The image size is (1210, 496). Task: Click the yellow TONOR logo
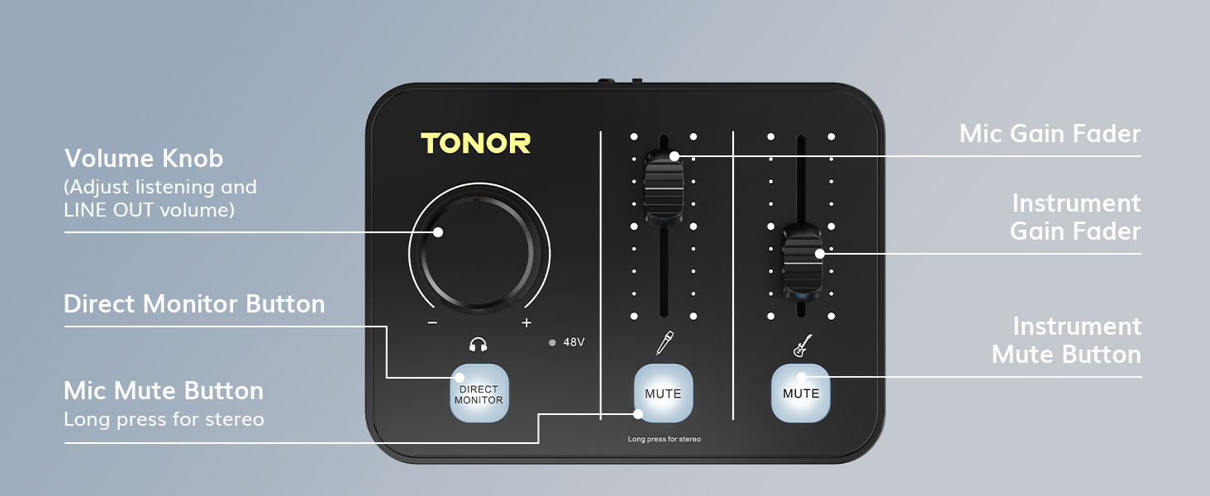[475, 143]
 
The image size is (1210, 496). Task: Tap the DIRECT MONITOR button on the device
[479, 393]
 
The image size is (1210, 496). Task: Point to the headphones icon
[478, 344]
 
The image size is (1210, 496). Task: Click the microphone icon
[665, 342]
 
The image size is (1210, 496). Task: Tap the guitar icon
[803, 346]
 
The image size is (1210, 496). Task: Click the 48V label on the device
[574, 342]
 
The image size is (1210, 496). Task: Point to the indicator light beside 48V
[552, 342]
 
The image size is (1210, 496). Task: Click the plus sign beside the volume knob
[526, 322]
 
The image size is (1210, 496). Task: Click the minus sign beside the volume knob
[432, 323]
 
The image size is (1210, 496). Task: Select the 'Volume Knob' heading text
[144, 159]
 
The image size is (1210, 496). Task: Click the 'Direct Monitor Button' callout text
[194, 303]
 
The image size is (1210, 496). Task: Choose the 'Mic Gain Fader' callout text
[1050, 134]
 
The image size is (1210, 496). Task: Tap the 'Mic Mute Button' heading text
[164, 391]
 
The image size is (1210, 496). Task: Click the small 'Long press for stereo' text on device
[665, 439]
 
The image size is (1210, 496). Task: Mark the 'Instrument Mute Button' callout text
[1067, 341]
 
